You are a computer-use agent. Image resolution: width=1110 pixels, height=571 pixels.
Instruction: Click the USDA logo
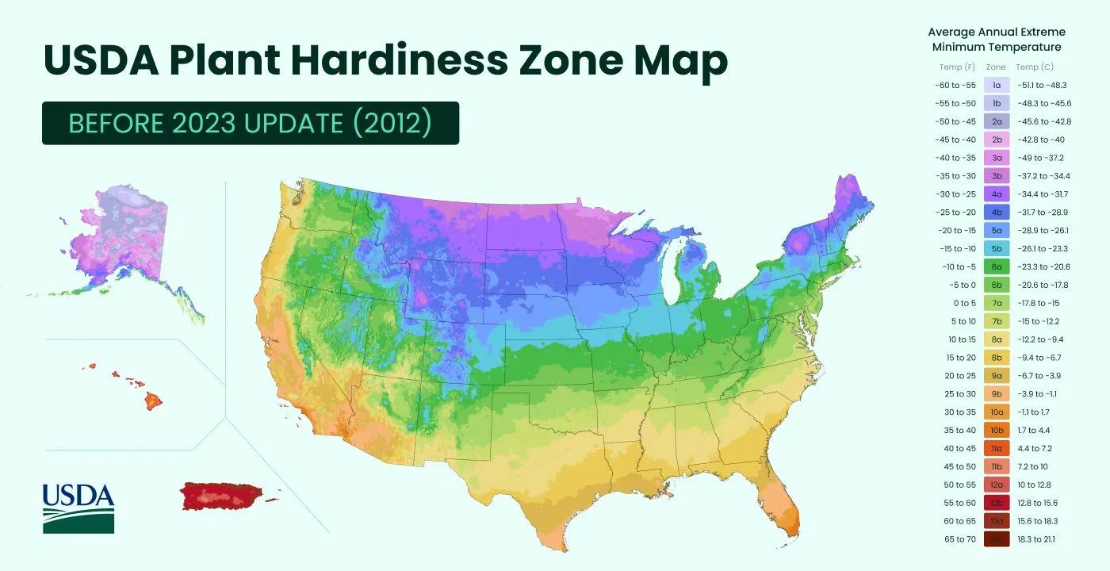[78, 508]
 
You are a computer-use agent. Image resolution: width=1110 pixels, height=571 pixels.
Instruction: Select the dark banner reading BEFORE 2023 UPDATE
[250, 123]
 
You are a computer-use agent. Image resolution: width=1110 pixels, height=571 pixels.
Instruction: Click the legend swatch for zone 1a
[996, 85]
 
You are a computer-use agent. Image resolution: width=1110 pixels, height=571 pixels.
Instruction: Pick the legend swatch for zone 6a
[996, 266]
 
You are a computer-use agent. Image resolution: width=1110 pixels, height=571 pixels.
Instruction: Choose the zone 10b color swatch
[996, 430]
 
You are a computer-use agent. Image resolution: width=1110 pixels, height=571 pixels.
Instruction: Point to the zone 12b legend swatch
[996, 503]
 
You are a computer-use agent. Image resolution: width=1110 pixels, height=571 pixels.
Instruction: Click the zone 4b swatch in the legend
[996, 213]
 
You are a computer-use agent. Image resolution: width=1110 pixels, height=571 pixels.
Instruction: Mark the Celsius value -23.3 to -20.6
[1043, 266]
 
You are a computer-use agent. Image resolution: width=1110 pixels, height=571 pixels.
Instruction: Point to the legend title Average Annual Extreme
[996, 33]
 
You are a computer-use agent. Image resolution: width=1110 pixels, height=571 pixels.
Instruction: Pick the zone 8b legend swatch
[996, 358]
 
